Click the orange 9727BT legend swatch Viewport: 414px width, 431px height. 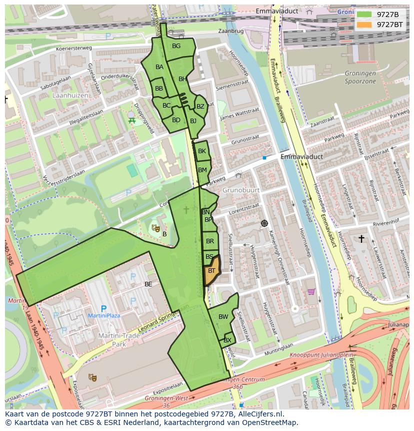(364, 25)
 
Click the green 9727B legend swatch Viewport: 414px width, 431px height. (364, 15)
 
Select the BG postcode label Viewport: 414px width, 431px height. (176, 46)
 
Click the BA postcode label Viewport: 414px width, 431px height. (159, 67)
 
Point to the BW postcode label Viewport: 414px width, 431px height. (223, 317)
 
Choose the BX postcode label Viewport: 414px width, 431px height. (227, 340)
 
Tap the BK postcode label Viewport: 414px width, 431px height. (202, 151)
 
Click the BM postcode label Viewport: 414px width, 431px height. (202, 170)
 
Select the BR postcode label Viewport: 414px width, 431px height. (210, 241)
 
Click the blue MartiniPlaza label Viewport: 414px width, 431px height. (103, 316)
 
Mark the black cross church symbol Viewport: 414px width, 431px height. (361, 239)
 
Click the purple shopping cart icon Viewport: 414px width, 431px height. (311, 291)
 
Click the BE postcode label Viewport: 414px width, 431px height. (148, 284)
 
